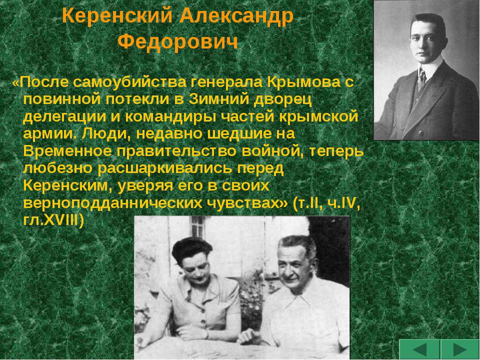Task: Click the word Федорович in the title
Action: click(x=177, y=42)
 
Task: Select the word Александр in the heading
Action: click(x=236, y=16)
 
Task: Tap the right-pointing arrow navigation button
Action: click(x=459, y=349)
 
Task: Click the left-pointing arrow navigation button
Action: click(x=419, y=349)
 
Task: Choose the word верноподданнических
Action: click(x=112, y=203)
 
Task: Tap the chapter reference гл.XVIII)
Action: click(x=53, y=220)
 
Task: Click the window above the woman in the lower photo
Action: click(x=198, y=226)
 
